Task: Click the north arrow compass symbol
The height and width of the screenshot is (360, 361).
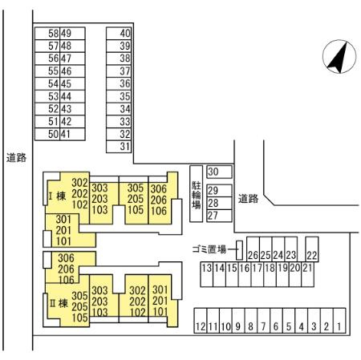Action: (x=339, y=57)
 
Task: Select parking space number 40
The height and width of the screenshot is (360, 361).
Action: (x=119, y=33)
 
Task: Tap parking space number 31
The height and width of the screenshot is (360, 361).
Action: (x=119, y=147)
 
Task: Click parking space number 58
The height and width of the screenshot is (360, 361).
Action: (x=47, y=34)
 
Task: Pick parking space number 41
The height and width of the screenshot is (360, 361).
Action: (x=72, y=134)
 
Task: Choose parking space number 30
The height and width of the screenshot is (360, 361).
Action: (x=219, y=172)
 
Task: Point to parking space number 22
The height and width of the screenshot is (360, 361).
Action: (x=312, y=249)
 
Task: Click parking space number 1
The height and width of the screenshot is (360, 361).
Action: (x=339, y=321)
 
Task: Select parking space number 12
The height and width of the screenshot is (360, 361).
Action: (x=201, y=321)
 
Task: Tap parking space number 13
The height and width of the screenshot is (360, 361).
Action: (x=207, y=274)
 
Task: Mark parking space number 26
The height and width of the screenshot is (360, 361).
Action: (x=253, y=249)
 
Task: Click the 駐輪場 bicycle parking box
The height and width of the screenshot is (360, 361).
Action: (x=197, y=194)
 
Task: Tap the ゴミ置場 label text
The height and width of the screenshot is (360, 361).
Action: (x=209, y=249)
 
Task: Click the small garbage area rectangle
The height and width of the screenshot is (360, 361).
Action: (x=239, y=250)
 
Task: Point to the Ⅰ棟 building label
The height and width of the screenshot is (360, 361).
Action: (x=57, y=196)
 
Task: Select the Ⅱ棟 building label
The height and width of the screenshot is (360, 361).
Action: (x=59, y=303)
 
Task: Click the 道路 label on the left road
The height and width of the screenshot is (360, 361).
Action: (x=16, y=158)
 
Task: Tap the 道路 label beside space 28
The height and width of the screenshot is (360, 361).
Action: (x=248, y=199)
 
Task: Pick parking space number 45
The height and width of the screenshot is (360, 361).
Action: (x=72, y=83)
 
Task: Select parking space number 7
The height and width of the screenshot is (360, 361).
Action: (x=264, y=321)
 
